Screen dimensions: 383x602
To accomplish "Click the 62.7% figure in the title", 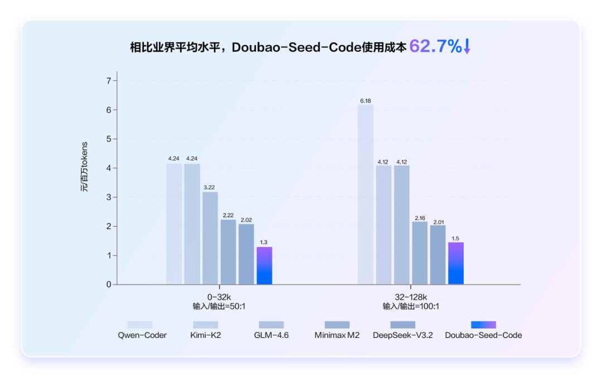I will click(435, 46).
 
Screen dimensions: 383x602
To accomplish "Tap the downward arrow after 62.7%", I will click(467, 47).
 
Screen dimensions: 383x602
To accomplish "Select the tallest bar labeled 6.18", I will click(366, 195).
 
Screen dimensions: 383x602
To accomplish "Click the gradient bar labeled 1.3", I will click(264, 266).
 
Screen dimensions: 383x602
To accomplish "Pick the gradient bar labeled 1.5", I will click(456, 263).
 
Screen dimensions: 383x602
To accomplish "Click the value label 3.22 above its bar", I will click(210, 187).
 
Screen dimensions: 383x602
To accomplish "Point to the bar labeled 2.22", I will click(228, 252).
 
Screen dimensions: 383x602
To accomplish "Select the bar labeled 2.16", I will click(420, 253).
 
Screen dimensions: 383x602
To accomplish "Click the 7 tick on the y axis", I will click(108, 81).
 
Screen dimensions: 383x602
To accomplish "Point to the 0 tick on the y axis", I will click(108, 284).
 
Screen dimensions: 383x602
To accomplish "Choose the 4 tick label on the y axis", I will click(108, 168).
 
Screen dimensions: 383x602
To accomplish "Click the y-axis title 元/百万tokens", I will click(85, 167).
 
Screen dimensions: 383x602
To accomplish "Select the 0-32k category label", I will click(219, 297).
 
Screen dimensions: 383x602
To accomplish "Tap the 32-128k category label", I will click(411, 297).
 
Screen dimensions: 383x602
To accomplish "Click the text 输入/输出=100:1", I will click(411, 307).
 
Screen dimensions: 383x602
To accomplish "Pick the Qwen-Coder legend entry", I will click(142, 335).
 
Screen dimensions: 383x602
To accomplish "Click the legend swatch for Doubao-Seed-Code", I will click(483, 324).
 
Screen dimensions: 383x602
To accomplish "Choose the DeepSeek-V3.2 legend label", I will click(402, 335).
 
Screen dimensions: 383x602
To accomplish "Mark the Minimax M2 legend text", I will click(337, 335).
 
